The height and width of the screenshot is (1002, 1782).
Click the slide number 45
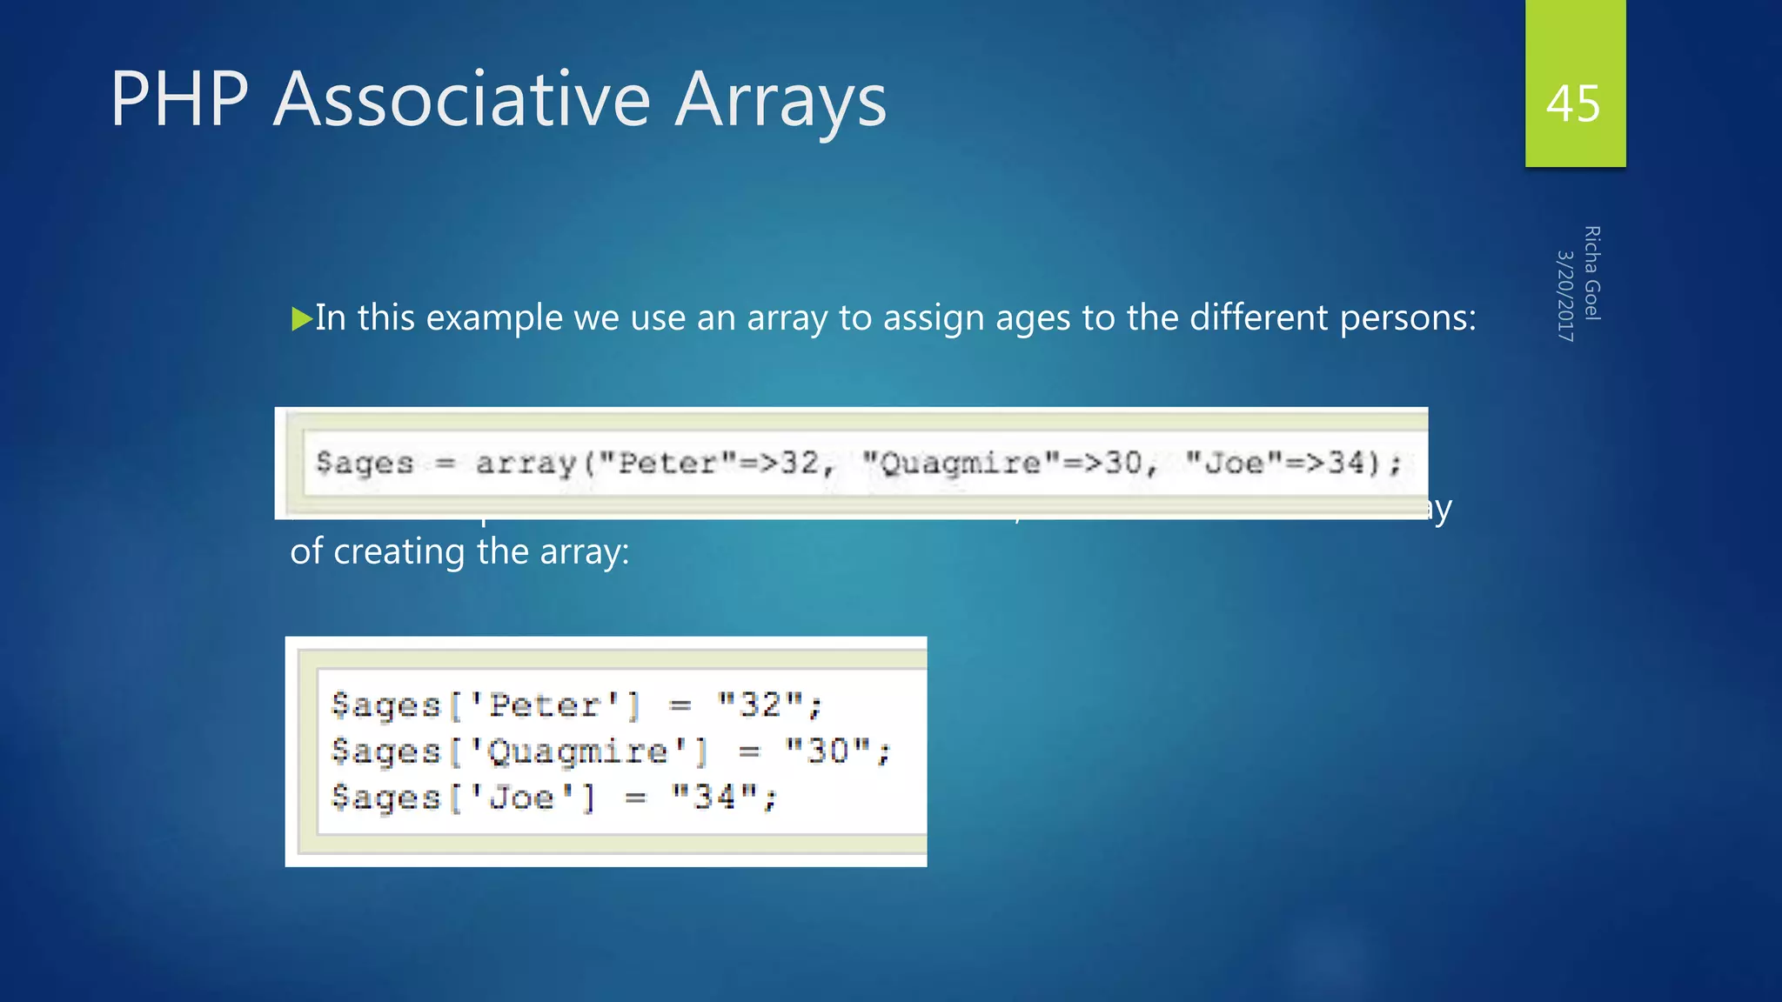tap(1573, 104)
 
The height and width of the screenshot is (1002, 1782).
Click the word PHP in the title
tap(179, 99)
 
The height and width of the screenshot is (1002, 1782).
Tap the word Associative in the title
tap(462, 99)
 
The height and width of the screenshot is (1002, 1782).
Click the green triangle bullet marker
tap(301, 319)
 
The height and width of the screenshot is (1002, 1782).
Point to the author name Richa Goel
tap(1592, 273)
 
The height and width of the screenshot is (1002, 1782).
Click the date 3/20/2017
tap(1564, 296)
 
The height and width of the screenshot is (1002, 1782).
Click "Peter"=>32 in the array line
tap(719, 463)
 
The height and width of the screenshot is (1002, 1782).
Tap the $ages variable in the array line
tap(365, 463)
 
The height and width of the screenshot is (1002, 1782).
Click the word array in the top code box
tap(526, 463)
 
